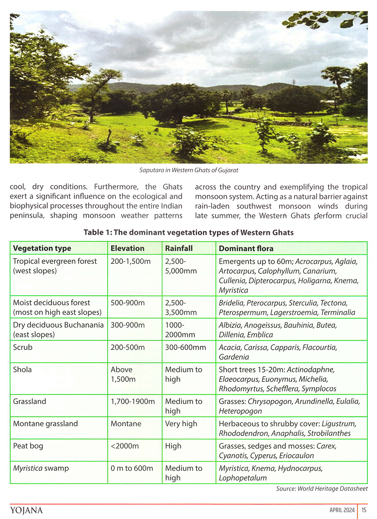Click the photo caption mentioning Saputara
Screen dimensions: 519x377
[x=188, y=170]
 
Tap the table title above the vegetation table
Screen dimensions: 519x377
[x=188, y=232]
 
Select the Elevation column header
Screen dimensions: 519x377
[x=127, y=248]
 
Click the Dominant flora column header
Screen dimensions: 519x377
[x=246, y=248]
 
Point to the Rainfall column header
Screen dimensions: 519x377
[x=179, y=248]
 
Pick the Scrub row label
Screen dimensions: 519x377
[x=23, y=347]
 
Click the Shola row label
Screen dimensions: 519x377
[x=22, y=369]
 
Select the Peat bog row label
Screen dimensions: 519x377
[x=28, y=446]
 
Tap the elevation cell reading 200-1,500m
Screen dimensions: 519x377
[x=130, y=261]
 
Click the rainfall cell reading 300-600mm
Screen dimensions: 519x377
[x=185, y=347]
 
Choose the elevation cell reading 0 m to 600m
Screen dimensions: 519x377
[x=132, y=468]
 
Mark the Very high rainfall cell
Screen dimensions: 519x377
[x=181, y=424]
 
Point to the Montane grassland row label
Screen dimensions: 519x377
[x=45, y=424]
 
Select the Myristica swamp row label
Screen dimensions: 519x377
[x=41, y=468]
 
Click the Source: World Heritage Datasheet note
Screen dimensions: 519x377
[x=322, y=488]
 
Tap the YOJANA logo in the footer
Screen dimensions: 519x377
[x=26, y=510]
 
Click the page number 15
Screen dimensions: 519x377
[x=364, y=510]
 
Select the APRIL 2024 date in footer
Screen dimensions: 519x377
[x=342, y=510]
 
